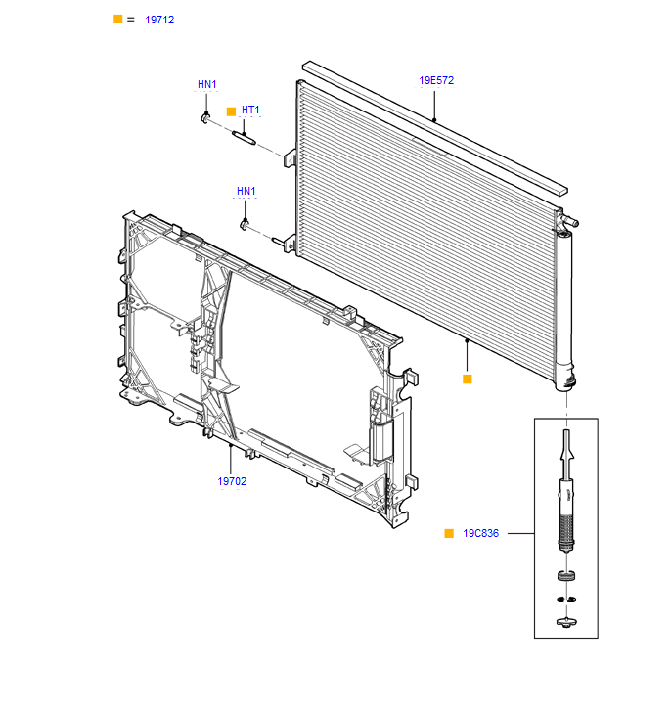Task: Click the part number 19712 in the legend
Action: [x=159, y=20]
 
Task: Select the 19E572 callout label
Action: [x=436, y=80]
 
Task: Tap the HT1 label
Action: [x=250, y=111]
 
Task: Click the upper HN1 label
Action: [x=206, y=84]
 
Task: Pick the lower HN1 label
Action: [x=246, y=191]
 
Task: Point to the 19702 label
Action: [x=232, y=481]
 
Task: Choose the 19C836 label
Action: [x=480, y=533]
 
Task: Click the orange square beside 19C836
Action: [x=449, y=533]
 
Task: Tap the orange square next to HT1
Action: [x=231, y=111]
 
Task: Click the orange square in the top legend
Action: [x=117, y=20]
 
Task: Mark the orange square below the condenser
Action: [x=467, y=379]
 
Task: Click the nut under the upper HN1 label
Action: [x=205, y=117]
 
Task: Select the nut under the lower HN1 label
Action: [x=245, y=225]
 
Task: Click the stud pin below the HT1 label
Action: [x=245, y=138]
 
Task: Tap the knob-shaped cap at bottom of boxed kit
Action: [x=566, y=622]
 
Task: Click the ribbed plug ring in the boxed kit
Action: [x=566, y=576]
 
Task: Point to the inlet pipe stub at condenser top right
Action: [x=570, y=221]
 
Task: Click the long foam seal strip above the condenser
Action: [x=435, y=128]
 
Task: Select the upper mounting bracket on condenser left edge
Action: [x=290, y=159]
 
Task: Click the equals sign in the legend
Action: [x=131, y=20]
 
